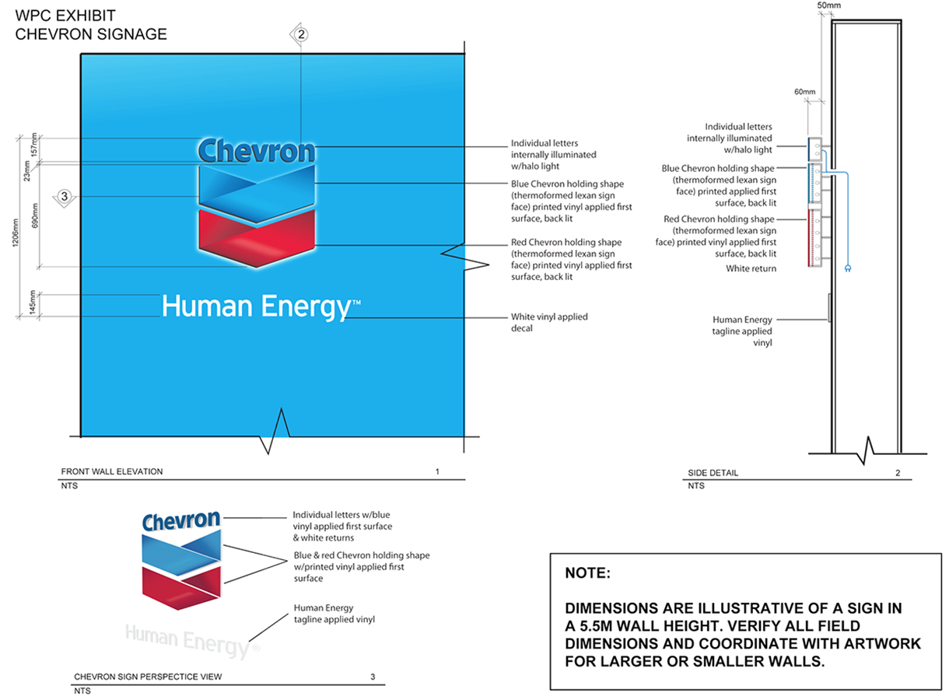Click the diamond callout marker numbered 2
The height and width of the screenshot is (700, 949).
[301, 34]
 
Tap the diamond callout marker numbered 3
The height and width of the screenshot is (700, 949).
[65, 196]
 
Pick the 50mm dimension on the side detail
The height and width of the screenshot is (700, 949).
[829, 5]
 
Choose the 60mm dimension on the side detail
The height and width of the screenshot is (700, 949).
[804, 93]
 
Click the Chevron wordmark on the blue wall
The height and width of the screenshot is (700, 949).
[257, 151]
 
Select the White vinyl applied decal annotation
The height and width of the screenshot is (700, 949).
[549, 322]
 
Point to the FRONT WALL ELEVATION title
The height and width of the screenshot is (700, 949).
[112, 471]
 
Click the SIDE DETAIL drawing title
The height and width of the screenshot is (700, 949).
[713, 473]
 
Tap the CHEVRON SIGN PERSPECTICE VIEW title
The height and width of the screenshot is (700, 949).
[148, 677]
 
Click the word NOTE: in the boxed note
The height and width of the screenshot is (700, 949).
[588, 574]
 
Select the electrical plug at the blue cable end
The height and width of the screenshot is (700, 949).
[846, 269]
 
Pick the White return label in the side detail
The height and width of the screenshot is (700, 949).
[751, 268]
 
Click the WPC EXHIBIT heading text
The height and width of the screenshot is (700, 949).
[66, 16]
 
